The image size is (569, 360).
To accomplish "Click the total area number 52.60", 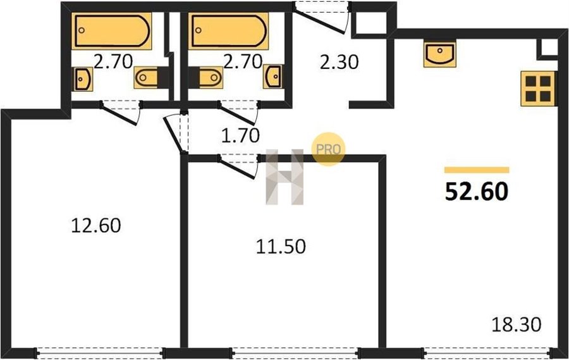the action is click(x=476, y=192).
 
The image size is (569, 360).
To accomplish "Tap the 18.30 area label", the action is click(x=516, y=325).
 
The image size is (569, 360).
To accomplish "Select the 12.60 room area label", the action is click(x=96, y=225).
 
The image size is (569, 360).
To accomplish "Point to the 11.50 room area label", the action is click(x=281, y=247).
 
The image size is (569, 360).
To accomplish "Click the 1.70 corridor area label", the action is click(x=240, y=135).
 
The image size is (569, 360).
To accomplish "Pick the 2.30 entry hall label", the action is click(x=339, y=62).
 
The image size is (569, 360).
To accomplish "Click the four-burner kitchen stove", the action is click(x=538, y=89).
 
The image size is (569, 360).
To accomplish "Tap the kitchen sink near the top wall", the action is click(x=439, y=54).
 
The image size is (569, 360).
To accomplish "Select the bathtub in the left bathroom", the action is click(x=111, y=31).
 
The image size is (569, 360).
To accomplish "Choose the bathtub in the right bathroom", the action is click(x=228, y=31).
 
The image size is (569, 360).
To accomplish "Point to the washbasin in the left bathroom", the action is click(x=83, y=79).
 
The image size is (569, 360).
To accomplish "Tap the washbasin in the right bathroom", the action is click(x=272, y=77).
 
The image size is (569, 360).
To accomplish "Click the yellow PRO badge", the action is click(x=328, y=149).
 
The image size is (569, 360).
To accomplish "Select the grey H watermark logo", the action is click(x=284, y=177).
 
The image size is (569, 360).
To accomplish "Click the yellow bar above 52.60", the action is click(x=477, y=170).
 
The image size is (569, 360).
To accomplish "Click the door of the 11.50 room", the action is click(x=238, y=166).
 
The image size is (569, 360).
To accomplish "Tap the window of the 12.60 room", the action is click(x=100, y=353).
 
